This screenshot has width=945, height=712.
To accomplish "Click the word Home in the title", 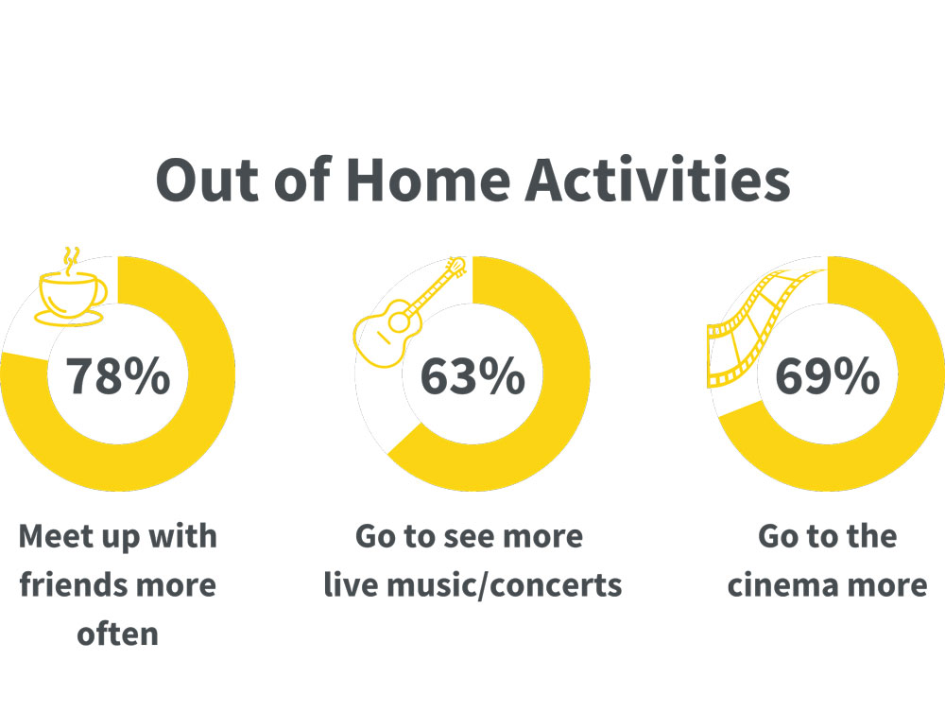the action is [x=428, y=180].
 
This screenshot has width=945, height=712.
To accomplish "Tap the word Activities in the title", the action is [x=658, y=179].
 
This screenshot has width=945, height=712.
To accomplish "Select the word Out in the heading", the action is [x=207, y=180].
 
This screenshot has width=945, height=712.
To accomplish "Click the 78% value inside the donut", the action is [x=118, y=375].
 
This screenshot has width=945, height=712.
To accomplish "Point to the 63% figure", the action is [x=472, y=375].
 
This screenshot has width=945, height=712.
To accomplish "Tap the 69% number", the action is [x=828, y=375].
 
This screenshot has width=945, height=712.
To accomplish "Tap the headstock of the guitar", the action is [x=456, y=267].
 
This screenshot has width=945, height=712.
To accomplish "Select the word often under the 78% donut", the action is [x=117, y=634].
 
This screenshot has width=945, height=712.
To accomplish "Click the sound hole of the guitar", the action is [x=399, y=322].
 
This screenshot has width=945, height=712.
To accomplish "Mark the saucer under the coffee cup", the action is [x=69, y=319].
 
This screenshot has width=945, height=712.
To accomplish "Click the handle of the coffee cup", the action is [x=101, y=292].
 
